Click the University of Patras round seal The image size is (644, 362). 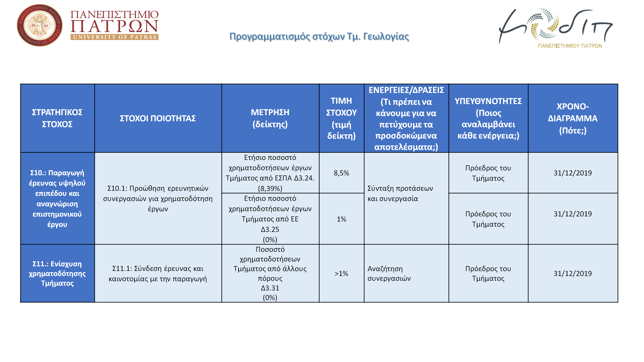pos(39,25)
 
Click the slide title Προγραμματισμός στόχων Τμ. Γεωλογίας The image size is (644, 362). pos(319,37)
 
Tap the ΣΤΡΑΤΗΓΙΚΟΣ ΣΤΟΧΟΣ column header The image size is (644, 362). pos(57,118)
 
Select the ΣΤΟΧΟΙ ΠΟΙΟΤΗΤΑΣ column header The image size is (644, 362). pos(158,118)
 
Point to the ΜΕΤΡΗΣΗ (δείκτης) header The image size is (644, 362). pos(270,118)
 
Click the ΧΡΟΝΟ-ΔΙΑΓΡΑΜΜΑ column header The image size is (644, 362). pos(573,118)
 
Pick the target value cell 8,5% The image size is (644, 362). pos(341,173)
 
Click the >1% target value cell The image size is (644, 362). pos(341,274)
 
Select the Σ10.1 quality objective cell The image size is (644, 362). pos(158,198)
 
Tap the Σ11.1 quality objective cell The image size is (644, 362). pos(158,274)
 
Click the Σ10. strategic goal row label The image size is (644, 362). pos(57,198)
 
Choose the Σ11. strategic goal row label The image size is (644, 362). pos(57,274)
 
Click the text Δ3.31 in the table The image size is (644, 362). pos(270,288)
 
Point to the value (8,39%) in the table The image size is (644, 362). pos(270,188)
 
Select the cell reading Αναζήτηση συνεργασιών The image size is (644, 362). pos(389,274)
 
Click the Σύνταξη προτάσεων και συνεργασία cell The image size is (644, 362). pos(400,193)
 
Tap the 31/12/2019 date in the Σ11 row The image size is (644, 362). pos(573,274)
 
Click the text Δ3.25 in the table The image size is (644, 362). pos(270,229)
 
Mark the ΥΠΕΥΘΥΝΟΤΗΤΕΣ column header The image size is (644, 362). pos(488,118)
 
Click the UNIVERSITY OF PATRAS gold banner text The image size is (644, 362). pos(114,37)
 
